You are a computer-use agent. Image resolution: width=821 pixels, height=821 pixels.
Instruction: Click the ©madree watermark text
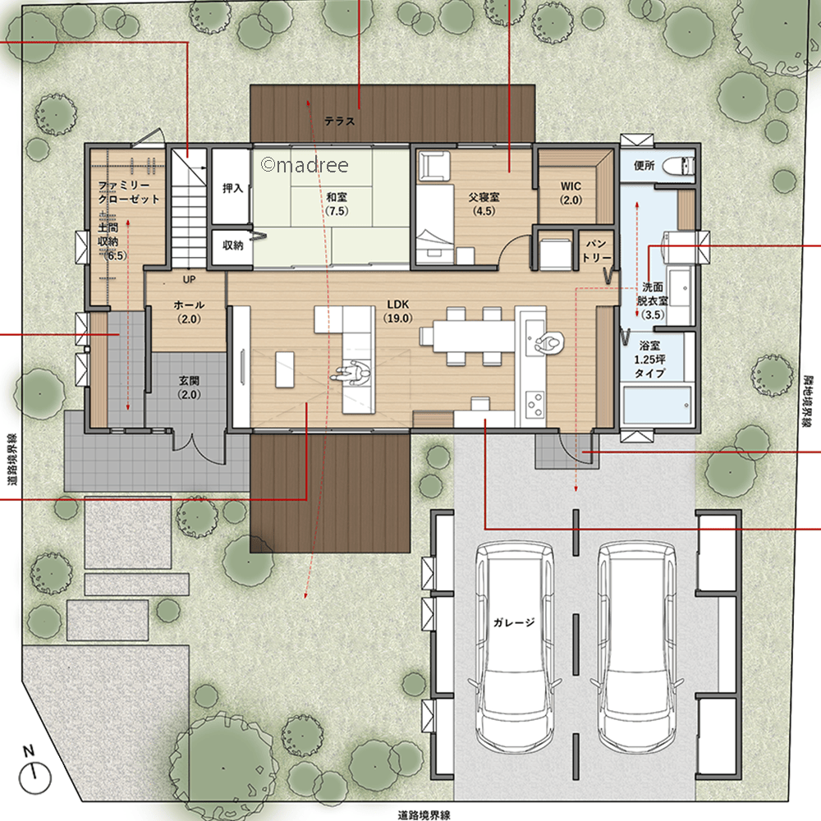click(305, 165)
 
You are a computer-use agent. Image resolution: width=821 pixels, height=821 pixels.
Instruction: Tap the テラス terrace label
click(339, 121)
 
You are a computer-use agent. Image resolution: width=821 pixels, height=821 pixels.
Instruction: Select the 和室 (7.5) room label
click(336, 204)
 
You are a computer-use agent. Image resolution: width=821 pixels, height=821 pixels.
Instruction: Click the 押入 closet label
click(232, 187)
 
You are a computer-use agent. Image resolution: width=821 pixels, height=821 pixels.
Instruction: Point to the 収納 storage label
click(232, 245)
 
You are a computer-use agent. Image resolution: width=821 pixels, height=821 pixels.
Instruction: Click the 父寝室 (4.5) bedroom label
click(484, 204)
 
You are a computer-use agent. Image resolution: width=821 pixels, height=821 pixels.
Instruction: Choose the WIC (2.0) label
click(571, 193)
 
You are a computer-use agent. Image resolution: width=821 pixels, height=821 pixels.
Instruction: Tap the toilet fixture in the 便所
click(679, 167)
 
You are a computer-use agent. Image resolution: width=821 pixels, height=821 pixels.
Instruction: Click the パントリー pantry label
click(596, 250)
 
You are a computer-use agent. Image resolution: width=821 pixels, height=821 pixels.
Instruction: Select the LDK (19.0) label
click(398, 311)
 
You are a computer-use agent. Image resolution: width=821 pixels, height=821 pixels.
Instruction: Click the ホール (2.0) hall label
click(189, 311)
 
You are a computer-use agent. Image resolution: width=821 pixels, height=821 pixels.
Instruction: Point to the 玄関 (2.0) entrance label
click(189, 388)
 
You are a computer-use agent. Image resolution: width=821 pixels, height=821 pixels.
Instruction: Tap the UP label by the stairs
click(189, 280)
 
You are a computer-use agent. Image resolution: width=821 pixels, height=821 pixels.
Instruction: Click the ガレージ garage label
click(514, 622)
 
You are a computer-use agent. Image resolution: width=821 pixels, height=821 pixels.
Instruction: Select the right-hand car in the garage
click(637, 648)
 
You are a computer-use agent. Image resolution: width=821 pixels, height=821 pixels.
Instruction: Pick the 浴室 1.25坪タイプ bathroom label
click(649, 360)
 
